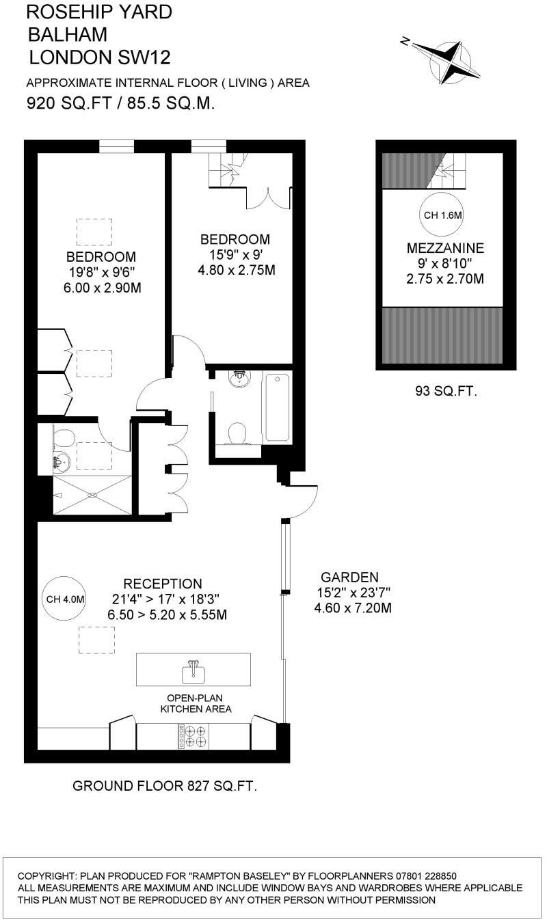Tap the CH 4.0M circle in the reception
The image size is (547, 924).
point(65,599)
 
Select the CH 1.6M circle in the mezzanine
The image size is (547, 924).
point(442,215)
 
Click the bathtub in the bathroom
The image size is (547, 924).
point(276,407)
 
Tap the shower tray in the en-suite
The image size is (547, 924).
point(92,495)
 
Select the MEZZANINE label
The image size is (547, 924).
point(445,248)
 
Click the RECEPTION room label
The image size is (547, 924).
point(163,584)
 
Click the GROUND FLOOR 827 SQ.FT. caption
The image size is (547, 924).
point(165,786)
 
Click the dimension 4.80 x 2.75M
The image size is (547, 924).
point(235,270)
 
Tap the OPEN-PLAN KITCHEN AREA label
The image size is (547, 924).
point(196,703)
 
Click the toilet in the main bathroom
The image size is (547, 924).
point(237,433)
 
